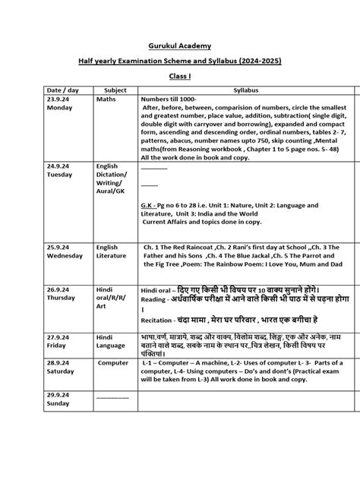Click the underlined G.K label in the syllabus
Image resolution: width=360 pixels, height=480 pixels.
150,205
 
